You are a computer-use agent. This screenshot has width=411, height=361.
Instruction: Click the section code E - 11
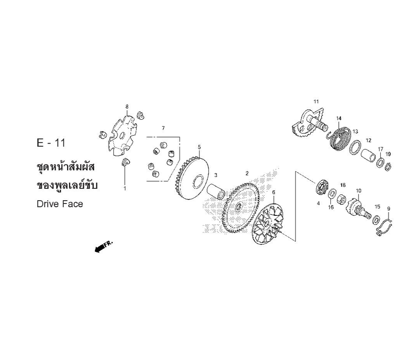click(51, 143)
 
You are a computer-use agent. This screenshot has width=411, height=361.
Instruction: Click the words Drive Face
click(60, 204)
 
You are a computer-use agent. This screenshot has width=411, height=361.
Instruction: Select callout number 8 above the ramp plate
click(127, 107)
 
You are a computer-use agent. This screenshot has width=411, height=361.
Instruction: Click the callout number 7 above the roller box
click(163, 128)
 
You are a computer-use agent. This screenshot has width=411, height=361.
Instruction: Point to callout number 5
click(199, 147)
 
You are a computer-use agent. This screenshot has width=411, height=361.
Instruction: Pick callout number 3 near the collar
click(216, 175)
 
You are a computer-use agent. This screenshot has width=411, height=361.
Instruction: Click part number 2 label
click(247, 173)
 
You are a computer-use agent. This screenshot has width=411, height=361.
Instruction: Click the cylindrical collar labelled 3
click(216, 192)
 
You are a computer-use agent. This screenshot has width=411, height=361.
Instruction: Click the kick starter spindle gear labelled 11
click(310, 124)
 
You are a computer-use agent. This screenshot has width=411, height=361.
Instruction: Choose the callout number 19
click(388, 154)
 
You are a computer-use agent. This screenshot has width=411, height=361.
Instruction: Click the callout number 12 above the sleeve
click(369, 140)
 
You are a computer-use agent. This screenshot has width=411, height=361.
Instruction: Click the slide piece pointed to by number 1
click(125, 162)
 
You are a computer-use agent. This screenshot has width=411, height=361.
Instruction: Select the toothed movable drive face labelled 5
click(192, 178)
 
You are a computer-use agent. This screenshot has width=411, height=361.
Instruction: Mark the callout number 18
click(343, 185)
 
